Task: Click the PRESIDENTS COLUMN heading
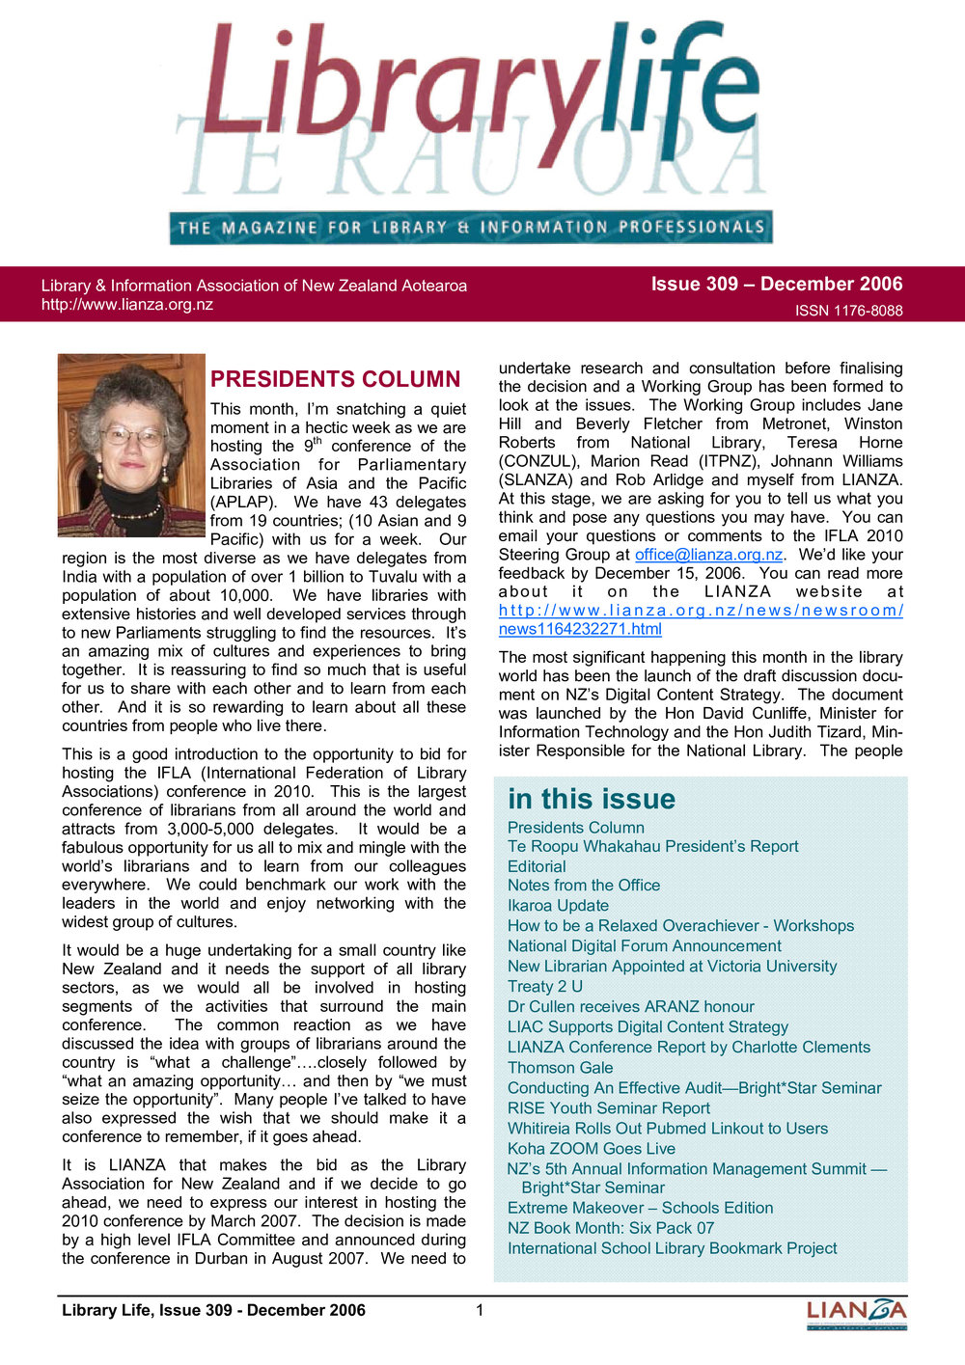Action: [x=336, y=379]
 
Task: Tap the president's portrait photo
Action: [x=132, y=445]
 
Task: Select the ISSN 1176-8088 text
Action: [x=848, y=311]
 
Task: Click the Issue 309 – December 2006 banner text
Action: [x=776, y=284]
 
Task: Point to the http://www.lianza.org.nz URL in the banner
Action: [x=127, y=305]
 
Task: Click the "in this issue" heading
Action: [x=592, y=799]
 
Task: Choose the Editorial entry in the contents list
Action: [x=537, y=866]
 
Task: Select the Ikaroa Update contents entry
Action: [x=558, y=906]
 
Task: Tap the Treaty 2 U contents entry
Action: [x=545, y=986]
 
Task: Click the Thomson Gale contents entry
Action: [x=560, y=1067]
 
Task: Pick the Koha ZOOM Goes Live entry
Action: [x=591, y=1148]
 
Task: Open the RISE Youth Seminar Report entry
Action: [x=608, y=1108]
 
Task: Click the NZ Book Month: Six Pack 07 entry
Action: [x=611, y=1228]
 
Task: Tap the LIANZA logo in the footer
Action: [x=856, y=1313]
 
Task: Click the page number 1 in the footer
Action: [x=480, y=1310]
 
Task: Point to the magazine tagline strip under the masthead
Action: [x=471, y=228]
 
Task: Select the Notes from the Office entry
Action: [x=584, y=886]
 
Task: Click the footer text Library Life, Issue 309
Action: [x=213, y=1310]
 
